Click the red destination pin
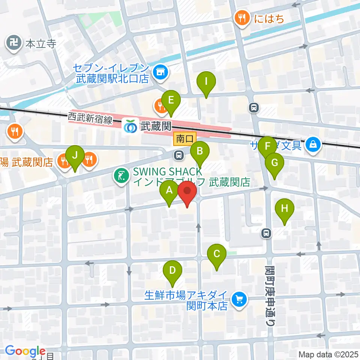(187, 192)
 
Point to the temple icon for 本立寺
(15, 43)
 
